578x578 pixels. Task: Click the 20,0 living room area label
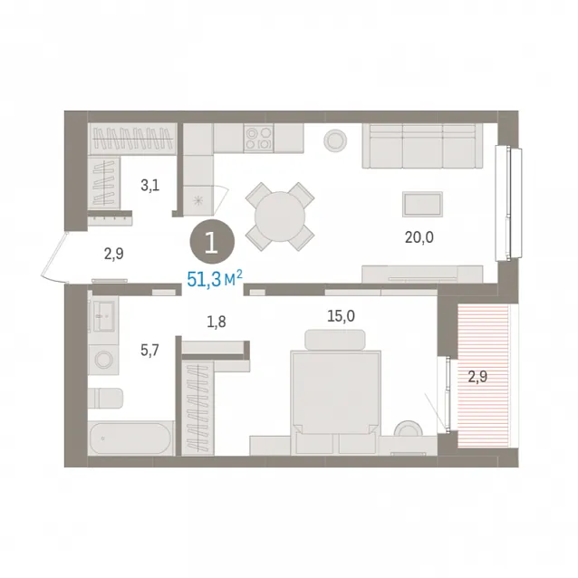(419, 237)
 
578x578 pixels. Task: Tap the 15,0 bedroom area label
(341, 316)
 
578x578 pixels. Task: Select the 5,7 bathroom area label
(149, 350)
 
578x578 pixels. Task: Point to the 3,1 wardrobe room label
(150, 185)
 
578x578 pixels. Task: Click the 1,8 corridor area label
(217, 322)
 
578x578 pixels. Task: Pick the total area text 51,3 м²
(215, 278)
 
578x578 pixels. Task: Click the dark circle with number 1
(212, 242)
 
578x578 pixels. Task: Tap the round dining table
(280, 217)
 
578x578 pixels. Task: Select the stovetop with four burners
(258, 138)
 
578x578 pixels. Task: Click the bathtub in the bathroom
(130, 438)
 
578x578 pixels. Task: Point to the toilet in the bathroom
(105, 398)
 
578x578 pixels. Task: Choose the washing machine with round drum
(103, 360)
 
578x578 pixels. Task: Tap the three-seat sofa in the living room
(422, 146)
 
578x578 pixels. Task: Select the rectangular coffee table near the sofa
(422, 204)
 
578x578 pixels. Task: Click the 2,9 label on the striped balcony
(477, 377)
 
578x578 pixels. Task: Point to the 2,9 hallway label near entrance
(113, 254)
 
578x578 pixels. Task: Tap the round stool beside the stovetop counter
(335, 140)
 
